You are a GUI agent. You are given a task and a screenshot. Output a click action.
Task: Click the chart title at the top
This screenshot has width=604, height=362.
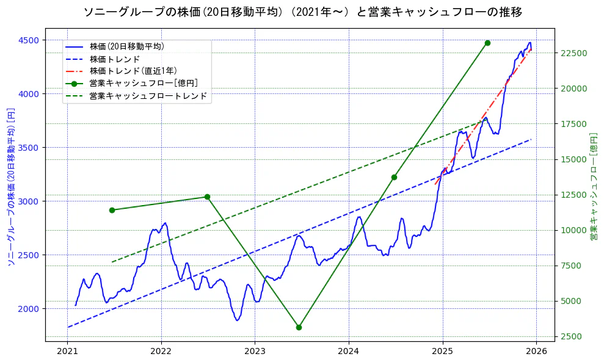click(x=302, y=12)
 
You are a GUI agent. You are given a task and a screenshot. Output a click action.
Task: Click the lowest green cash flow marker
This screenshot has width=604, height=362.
click(x=299, y=327)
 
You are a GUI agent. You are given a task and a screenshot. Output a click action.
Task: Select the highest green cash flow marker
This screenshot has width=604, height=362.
click(x=487, y=43)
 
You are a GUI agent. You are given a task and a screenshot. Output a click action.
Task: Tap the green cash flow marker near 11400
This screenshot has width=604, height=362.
click(x=112, y=210)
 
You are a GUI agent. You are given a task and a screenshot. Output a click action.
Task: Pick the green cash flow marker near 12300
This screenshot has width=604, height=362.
click(x=207, y=197)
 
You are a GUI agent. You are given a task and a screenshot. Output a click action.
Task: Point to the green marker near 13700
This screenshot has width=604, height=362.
click(x=394, y=177)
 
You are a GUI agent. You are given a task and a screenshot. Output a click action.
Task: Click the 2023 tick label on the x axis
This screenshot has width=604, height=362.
click(x=255, y=352)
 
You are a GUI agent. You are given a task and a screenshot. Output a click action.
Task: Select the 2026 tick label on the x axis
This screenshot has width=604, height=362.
click(x=536, y=352)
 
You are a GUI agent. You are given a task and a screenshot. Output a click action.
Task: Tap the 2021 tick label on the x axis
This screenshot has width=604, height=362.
click(x=68, y=352)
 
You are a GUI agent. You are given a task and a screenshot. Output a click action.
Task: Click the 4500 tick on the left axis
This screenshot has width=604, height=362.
click(x=29, y=40)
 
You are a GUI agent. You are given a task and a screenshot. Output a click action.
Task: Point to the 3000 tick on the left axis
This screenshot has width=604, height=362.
click(x=29, y=201)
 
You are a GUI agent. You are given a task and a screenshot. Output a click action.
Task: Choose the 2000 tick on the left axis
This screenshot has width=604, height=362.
click(x=29, y=309)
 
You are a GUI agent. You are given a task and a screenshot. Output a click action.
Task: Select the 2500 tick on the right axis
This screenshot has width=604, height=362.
click(x=573, y=336)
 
